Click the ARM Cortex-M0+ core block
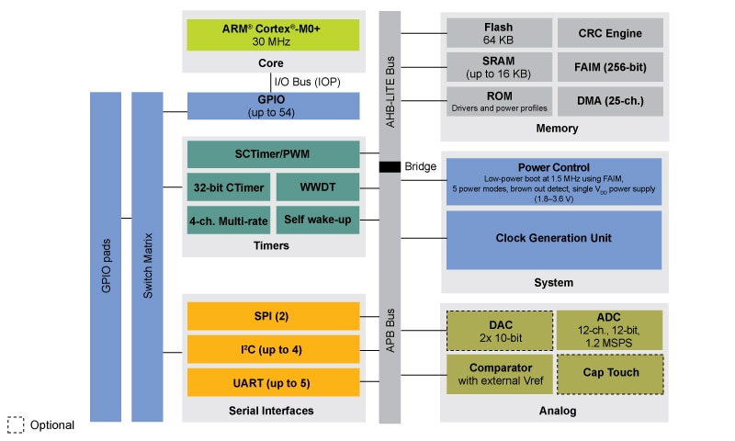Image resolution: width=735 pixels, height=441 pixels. point(273,33)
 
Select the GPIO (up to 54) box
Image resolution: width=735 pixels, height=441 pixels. point(273,106)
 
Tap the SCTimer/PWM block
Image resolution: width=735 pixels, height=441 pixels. point(273,153)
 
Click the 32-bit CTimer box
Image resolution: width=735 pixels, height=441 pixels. point(228,187)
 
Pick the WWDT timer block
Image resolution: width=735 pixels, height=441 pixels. point(317,187)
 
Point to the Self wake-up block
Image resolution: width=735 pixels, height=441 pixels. point(317,220)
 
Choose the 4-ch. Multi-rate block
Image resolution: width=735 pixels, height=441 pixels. point(228,220)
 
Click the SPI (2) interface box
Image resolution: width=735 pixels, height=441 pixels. point(273,315)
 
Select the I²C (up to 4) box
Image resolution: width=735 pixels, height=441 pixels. point(273,348)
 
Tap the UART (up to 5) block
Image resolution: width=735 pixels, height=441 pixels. point(273,381)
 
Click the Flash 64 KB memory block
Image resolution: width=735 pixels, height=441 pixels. point(499,33)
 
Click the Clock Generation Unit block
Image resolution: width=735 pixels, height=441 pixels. point(553,239)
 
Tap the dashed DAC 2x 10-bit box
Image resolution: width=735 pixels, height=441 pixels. point(499,330)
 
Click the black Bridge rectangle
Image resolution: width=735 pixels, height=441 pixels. point(390,167)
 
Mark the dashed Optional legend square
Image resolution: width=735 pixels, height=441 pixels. point(16,425)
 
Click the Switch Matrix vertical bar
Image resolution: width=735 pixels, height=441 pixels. point(147,257)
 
